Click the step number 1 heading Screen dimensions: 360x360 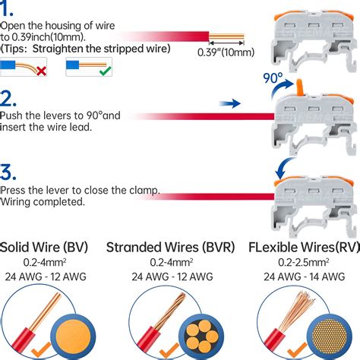click(x=9, y=9)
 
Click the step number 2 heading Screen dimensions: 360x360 click(x=9, y=99)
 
